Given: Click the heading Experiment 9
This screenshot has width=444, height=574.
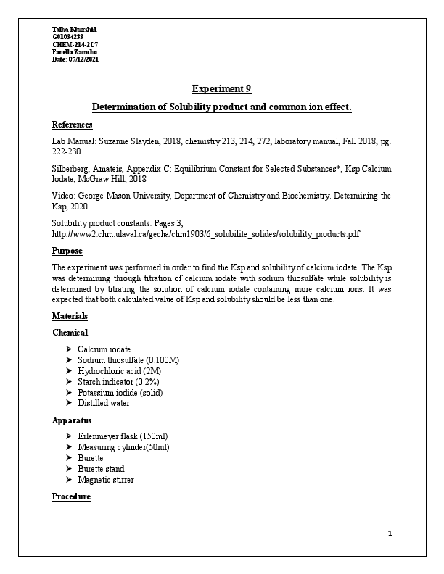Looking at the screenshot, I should click(221, 89).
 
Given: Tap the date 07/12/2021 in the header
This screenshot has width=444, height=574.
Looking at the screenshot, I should click(83, 59).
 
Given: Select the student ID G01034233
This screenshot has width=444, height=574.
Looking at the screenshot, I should click(67, 37).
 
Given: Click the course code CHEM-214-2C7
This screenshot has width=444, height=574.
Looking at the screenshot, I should click(73, 45).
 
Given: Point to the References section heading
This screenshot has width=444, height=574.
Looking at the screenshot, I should click(72, 125).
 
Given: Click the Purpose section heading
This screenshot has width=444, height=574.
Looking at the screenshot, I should click(67, 251).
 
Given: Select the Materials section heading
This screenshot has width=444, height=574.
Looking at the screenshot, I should click(70, 316).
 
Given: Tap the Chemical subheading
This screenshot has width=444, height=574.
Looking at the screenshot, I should click(70, 333).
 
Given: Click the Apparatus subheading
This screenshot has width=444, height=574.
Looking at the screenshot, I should click(72, 420).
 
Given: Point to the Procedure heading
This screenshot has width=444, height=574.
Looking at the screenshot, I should click(71, 496).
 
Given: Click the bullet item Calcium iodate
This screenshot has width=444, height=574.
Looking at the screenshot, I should click(104, 349).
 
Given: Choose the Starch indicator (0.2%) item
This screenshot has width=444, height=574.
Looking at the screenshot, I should click(118, 382).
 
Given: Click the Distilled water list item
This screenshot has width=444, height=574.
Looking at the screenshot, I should click(103, 403).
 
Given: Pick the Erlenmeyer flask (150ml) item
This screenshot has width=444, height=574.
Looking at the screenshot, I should click(122, 437).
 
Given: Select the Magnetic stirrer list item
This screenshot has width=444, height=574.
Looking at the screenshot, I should click(105, 480).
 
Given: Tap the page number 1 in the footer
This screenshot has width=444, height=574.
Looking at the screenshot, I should click(390, 534).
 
